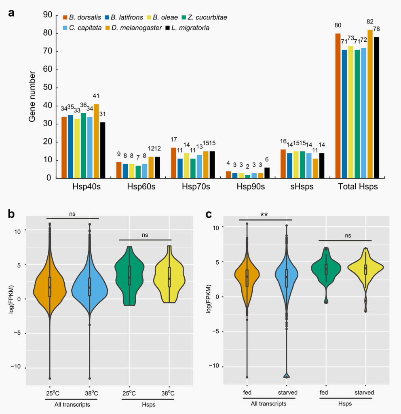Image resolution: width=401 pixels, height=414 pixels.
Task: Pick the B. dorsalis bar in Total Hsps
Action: click(338, 106)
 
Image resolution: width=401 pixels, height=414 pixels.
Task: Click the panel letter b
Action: click(12, 215)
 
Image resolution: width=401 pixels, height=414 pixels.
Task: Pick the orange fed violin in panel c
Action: click(247, 279)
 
